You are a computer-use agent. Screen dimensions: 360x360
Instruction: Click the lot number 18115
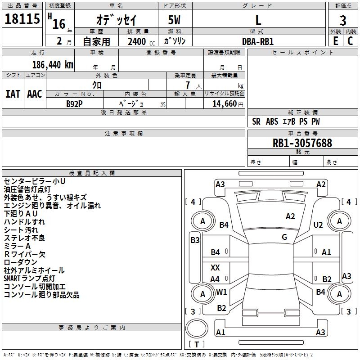coord(22,19)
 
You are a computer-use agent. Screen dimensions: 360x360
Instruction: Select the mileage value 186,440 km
coord(53,65)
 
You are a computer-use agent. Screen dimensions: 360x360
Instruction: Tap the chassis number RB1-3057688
coord(302,143)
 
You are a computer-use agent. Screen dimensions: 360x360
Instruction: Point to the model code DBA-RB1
coord(258,41)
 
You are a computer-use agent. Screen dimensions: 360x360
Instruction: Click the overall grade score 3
coord(343,21)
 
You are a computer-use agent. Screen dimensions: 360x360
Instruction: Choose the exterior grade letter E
coord(336,41)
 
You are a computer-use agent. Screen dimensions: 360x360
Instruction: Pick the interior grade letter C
coord(350,41)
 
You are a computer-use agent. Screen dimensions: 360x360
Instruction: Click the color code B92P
coord(74,104)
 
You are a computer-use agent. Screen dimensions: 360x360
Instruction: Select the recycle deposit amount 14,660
coord(225,104)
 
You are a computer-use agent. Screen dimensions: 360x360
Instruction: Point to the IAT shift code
coord(13,94)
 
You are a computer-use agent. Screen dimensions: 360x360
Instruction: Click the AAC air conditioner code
coord(35,94)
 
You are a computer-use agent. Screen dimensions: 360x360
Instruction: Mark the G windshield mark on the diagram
coord(284,237)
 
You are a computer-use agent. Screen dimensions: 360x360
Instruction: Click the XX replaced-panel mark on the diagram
coord(215,267)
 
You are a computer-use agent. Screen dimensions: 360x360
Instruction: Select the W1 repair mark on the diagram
coord(221,292)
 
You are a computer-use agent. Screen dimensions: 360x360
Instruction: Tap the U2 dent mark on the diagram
coord(318,225)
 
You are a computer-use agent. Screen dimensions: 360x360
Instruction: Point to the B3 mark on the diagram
coord(195,240)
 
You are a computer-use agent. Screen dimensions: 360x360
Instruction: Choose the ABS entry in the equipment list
coord(272,121)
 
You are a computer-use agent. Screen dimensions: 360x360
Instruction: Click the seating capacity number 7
coord(188,85)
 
